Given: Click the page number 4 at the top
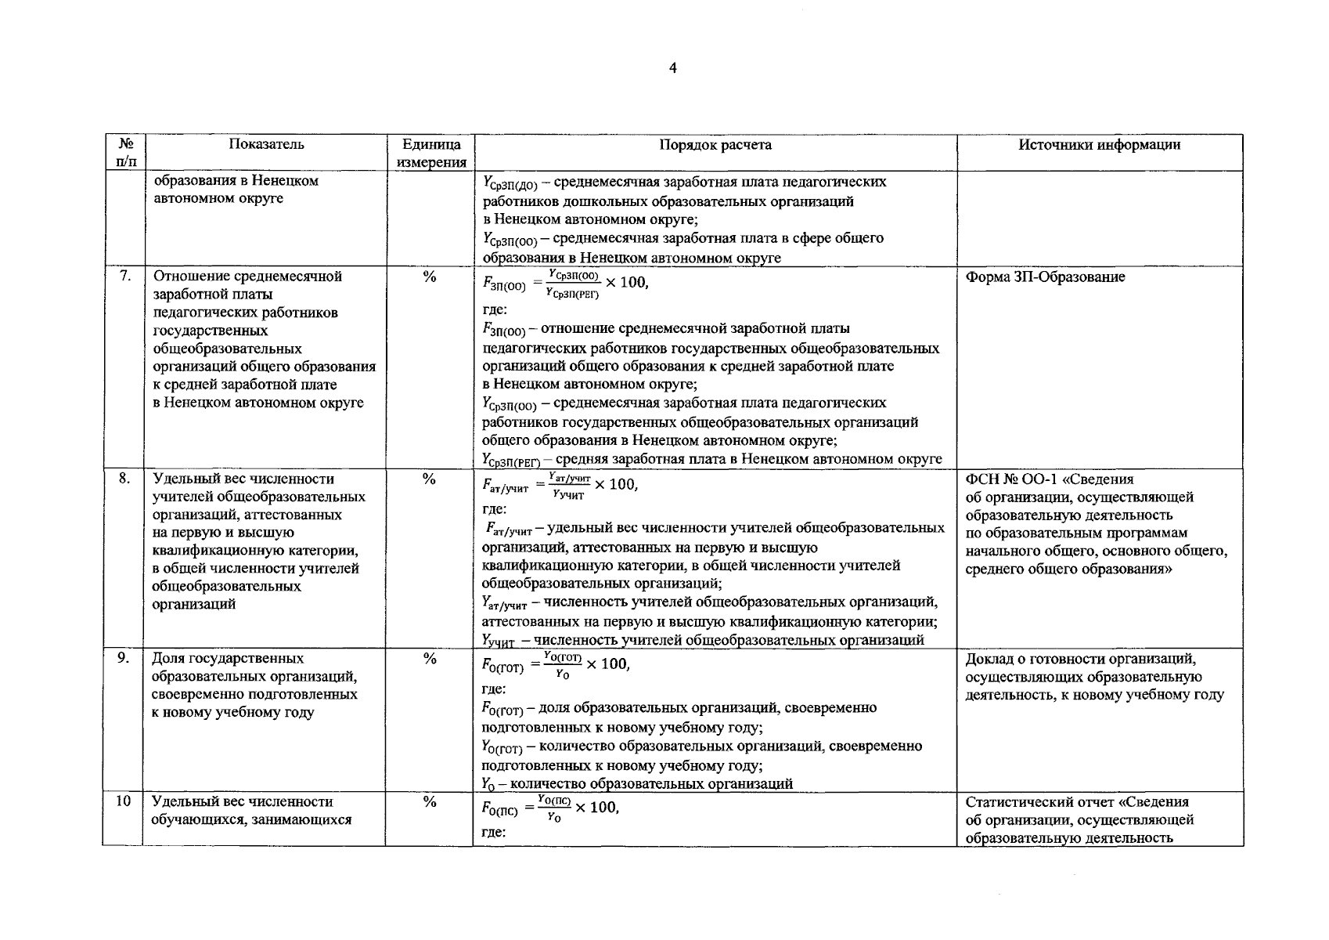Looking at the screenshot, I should (x=672, y=68).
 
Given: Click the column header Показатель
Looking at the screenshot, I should (x=266, y=144).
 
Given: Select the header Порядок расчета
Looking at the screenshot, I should (x=715, y=145).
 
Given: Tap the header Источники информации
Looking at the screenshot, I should (x=1100, y=145).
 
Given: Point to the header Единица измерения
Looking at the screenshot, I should (x=430, y=154).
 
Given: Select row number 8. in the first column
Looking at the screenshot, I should (x=124, y=478).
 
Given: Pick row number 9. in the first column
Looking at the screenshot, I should (x=124, y=658).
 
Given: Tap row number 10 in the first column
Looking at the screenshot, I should (x=123, y=801).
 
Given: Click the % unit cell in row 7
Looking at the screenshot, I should (x=429, y=277).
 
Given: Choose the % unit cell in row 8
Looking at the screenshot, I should (x=429, y=479).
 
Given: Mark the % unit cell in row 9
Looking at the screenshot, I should (x=429, y=659).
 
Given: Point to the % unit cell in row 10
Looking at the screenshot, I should (x=429, y=802).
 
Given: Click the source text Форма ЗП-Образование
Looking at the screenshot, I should (x=1045, y=277).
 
